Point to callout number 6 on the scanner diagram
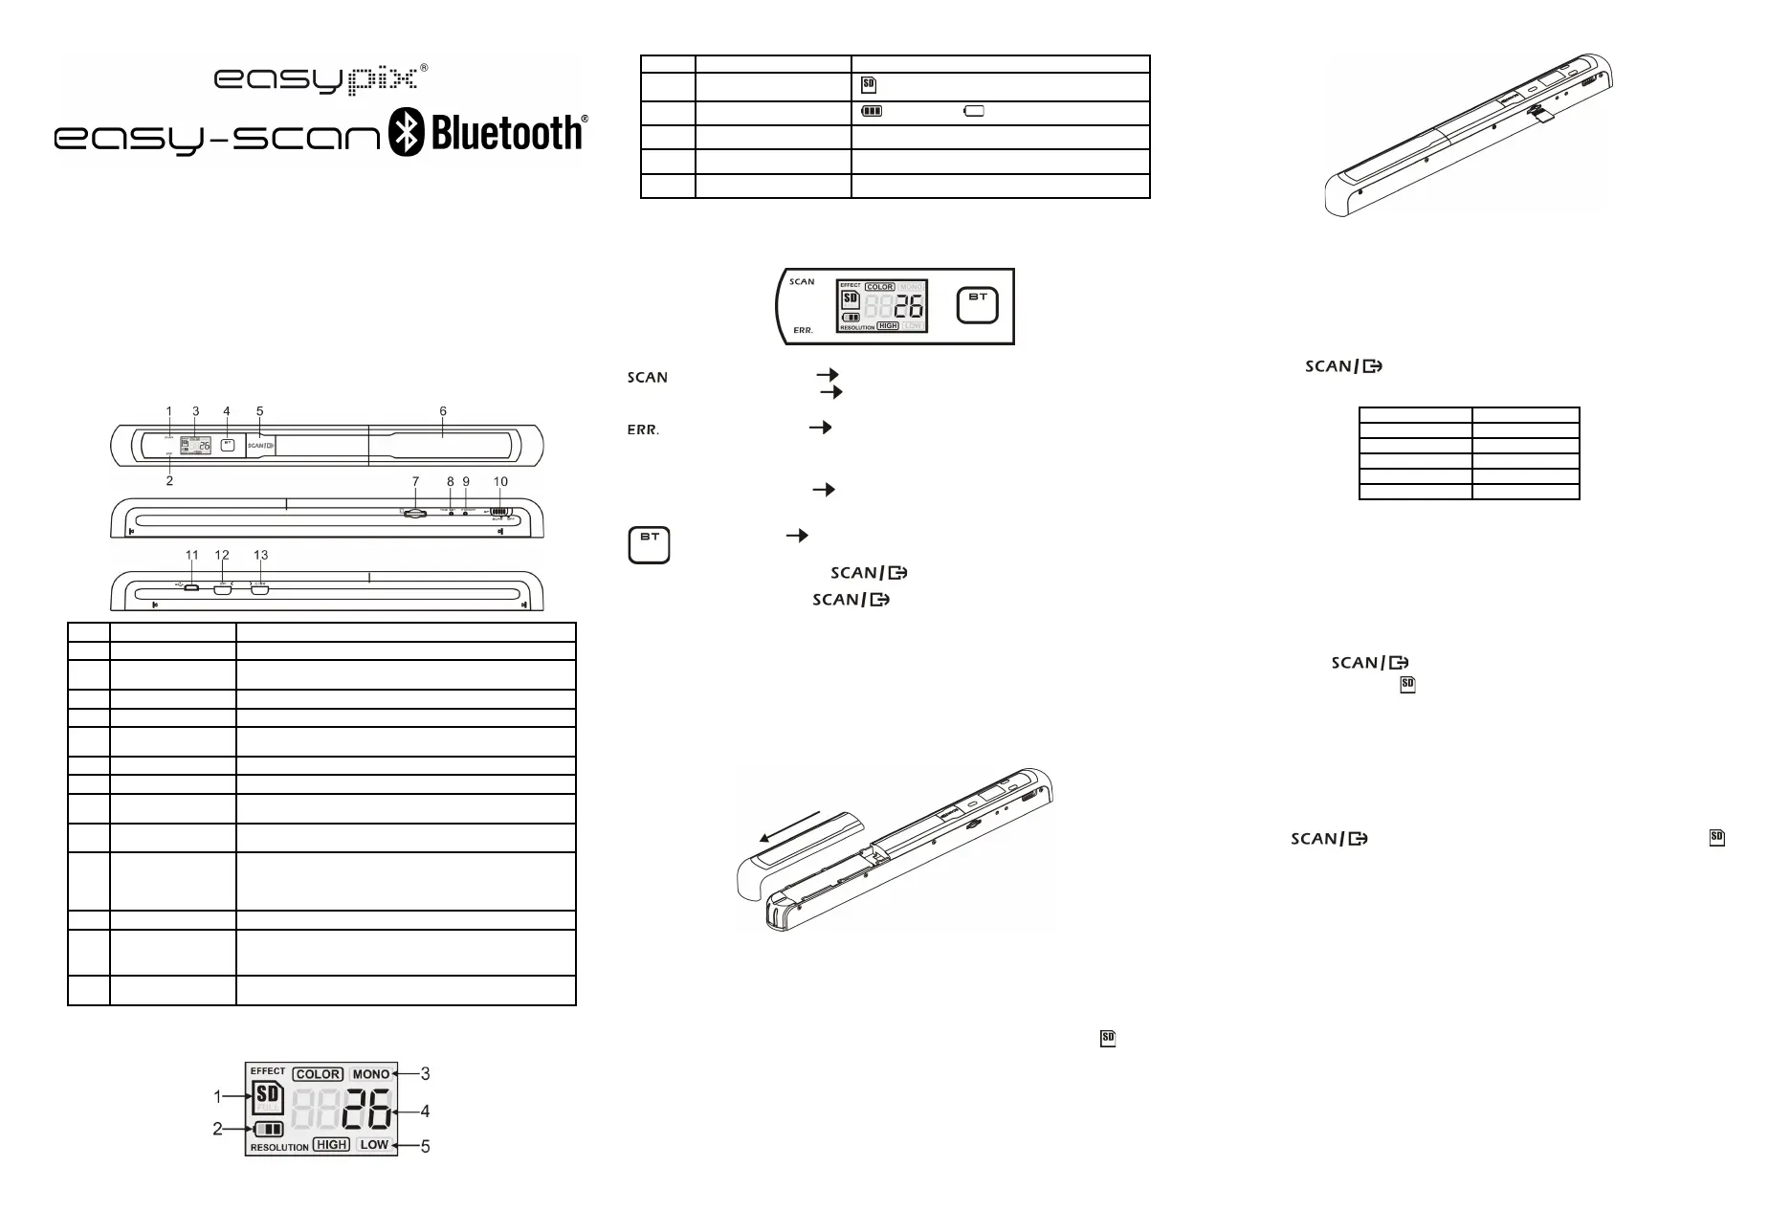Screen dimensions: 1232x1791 (443, 412)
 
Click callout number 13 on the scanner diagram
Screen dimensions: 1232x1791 (260, 556)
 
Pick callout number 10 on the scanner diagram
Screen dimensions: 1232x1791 (500, 482)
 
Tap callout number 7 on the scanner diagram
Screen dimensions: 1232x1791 (415, 482)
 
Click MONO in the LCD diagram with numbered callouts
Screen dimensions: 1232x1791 (370, 1074)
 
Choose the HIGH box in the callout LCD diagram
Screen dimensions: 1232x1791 (331, 1144)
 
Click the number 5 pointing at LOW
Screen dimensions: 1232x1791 (426, 1146)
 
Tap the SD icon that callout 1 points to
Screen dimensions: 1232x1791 (269, 1098)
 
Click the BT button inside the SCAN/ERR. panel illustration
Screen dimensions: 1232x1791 (978, 306)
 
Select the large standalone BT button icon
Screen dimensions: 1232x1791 (650, 544)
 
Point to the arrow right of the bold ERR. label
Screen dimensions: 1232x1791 (820, 428)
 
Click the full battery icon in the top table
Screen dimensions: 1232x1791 (871, 112)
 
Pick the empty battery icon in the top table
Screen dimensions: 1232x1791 (974, 112)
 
